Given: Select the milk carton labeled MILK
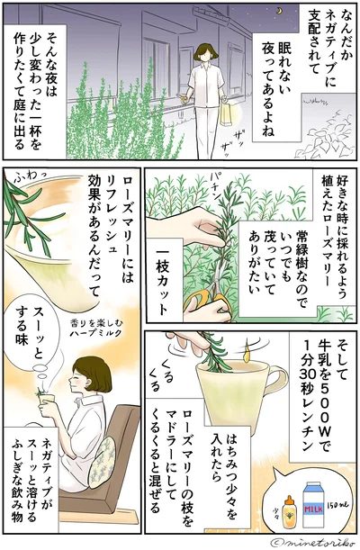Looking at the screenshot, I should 316,506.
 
